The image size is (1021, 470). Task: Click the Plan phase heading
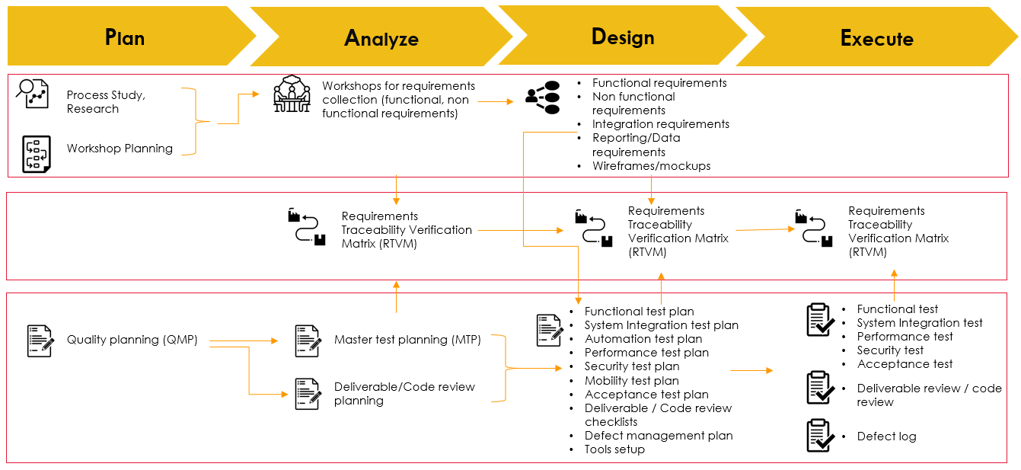point(125,37)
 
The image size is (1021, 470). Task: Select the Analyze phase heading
point(381,38)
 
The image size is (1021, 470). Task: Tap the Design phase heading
point(622,37)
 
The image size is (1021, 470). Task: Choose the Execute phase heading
point(876,38)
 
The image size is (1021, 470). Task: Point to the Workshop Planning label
point(120,149)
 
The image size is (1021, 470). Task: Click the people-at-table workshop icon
point(292,95)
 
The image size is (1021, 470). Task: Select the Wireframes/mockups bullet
point(651,166)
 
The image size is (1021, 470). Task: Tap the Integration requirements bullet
point(660,124)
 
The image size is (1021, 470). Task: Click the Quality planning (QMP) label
point(132,340)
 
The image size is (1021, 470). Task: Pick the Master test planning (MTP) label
point(407,340)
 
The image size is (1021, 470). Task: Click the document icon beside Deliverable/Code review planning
point(308,394)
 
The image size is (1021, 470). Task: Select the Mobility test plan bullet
point(631,381)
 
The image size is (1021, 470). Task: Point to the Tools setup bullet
point(614,449)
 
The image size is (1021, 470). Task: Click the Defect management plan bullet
point(658,436)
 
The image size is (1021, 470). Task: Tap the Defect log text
point(886,436)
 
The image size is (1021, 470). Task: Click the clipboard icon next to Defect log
point(819,435)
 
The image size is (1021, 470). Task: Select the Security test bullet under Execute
point(890,350)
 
